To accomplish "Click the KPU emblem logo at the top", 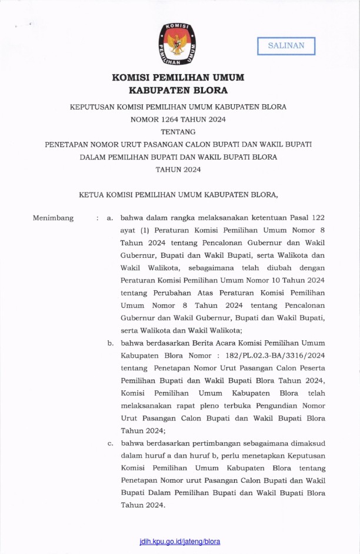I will coord(177,44).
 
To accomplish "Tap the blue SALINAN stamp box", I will coord(286,46).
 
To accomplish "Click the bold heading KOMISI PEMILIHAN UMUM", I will coord(178,78).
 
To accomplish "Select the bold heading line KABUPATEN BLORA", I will coord(178,91).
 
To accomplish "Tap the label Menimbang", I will coord(54,218).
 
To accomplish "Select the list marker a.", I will coord(109,218).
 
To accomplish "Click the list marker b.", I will coord(110,343).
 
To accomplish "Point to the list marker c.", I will coord(110,443).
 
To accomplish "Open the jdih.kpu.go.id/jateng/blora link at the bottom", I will coord(180,541).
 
